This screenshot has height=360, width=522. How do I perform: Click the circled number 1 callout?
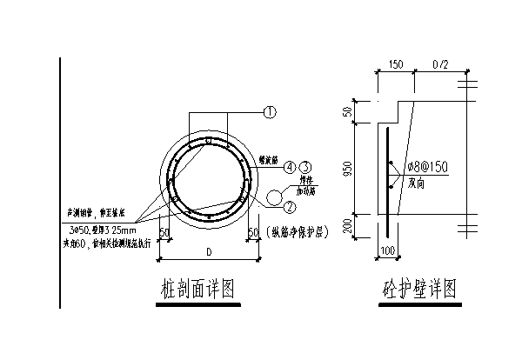[x=270, y=112]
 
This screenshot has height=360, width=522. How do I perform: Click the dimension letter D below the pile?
[x=208, y=252]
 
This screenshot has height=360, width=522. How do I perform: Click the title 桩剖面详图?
[x=197, y=288]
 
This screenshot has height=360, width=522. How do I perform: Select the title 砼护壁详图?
[x=419, y=288]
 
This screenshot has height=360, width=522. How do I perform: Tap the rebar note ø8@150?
[x=426, y=167]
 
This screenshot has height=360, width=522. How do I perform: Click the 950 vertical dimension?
[x=348, y=170]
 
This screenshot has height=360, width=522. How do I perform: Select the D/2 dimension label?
[x=439, y=64]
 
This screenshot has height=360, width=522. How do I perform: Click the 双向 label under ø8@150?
[x=418, y=183]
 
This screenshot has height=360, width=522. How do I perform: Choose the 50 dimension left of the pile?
[x=165, y=232]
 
